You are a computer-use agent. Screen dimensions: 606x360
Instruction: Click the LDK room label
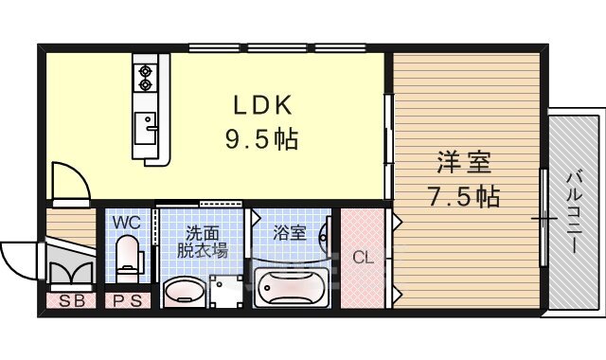(x=263, y=105)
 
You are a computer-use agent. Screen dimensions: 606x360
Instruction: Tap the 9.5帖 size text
(x=262, y=139)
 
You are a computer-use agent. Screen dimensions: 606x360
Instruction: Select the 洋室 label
(x=464, y=163)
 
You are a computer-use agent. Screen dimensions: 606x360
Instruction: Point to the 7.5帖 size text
(x=463, y=197)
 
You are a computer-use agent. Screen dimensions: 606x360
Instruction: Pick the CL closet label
(x=363, y=257)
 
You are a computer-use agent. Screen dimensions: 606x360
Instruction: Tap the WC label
(x=126, y=223)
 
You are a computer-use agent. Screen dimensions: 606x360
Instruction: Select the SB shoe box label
(x=72, y=301)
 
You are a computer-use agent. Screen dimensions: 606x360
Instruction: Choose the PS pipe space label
(x=127, y=301)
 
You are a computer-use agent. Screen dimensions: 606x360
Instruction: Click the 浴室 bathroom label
(x=290, y=233)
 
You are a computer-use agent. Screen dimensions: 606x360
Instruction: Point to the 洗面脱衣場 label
(x=202, y=243)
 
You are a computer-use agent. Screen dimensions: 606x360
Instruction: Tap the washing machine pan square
(x=225, y=291)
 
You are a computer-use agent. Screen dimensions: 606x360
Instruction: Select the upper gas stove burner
(x=145, y=71)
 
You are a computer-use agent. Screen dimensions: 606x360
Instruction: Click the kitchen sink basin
(x=145, y=129)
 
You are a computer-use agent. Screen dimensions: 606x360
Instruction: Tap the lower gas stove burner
(x=145, y=84)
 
